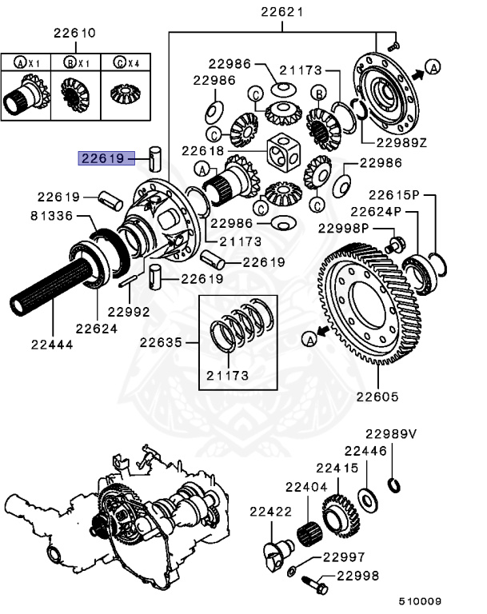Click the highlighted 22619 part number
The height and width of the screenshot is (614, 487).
coord(101,158)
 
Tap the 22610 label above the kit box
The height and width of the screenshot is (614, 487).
coord(74,34)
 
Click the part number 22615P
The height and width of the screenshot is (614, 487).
coord(393,195)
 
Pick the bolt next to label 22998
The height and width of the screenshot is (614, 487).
coord(313,584)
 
